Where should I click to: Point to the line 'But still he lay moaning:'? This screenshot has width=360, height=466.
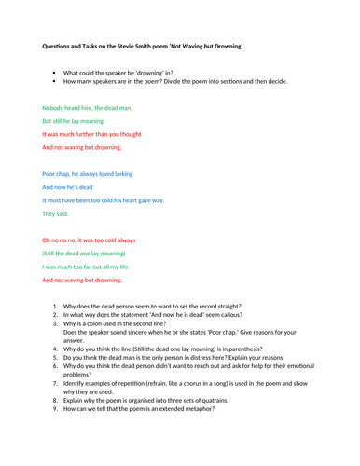coord(75,121)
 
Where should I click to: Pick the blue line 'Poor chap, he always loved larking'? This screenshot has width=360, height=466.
coord(97,173)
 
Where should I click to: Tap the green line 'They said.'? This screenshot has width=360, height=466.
coord(56,213)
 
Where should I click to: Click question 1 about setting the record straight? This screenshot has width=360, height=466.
coord(162,306)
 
